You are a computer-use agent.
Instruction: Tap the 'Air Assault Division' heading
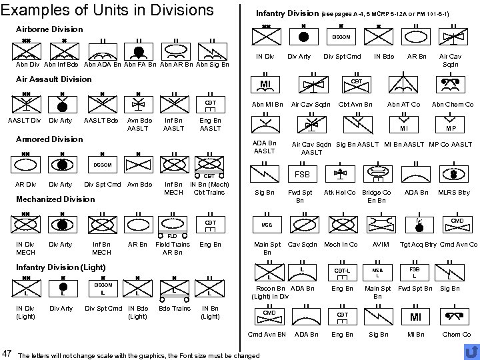click(x=53, y=79)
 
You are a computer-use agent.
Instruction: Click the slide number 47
click(x=7, y=351)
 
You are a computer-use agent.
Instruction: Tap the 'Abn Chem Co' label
click(x=452, y=104)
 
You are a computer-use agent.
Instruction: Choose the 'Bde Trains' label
click(x=175, y=308)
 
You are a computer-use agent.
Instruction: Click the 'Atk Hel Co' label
click(x=339, y=193)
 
